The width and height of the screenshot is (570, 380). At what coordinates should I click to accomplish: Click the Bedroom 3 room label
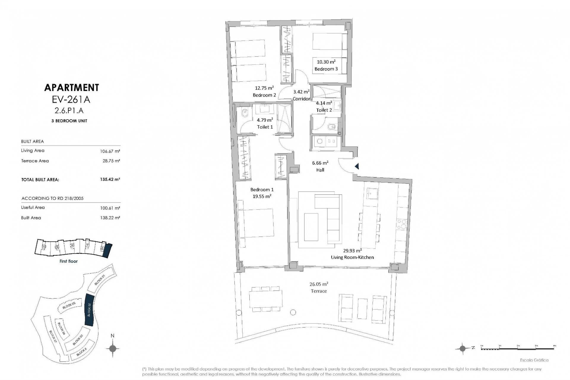point(326,69)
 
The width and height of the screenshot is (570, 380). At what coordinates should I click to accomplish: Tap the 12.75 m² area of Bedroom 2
point(264,88)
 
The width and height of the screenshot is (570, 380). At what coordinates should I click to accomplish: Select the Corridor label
point(301,99)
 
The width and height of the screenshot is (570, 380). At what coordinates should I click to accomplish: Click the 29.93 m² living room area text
point(352,250)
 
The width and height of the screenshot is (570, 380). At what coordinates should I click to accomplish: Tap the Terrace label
point(319,291)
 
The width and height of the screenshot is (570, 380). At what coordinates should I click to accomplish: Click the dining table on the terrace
point(266,299)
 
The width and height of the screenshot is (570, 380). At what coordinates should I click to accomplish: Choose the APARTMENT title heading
point(71,87)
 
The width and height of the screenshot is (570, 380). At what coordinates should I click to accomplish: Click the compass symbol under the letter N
point(113,348)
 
